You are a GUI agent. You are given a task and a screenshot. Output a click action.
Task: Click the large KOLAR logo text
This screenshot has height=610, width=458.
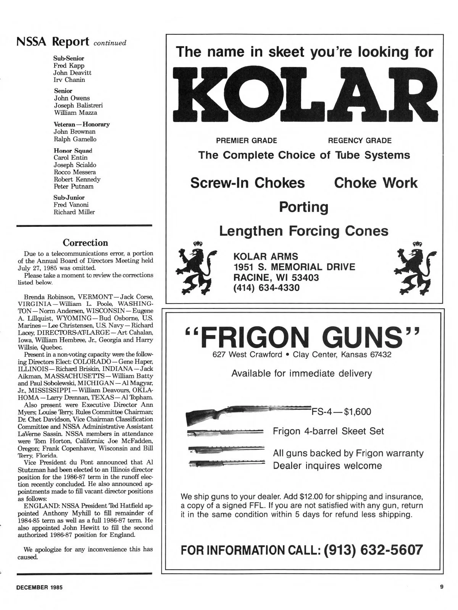pos(304,93)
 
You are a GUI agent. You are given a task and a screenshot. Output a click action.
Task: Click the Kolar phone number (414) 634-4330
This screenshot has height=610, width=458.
pos(266,288)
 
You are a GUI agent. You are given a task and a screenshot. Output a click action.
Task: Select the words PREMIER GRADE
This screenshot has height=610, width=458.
pos(247,141)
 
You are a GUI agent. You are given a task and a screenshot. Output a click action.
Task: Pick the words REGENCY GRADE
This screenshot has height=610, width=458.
pos(360,141)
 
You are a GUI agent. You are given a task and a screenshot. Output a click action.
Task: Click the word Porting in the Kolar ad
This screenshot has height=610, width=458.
pos(304,207)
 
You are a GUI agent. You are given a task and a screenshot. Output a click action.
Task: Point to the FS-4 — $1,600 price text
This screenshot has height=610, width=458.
pos(342,412)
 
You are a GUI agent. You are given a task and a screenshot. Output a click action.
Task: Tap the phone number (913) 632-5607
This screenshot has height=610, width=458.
pos(373,550)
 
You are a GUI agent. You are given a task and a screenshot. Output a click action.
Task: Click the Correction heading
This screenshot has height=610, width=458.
pos(85,243)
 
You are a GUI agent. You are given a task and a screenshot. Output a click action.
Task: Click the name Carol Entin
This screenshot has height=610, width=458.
pos(71,157)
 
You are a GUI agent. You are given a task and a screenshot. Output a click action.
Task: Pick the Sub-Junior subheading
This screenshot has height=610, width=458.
pos(69,197)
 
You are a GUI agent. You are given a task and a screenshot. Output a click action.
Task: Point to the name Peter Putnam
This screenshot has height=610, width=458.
pos(74,186)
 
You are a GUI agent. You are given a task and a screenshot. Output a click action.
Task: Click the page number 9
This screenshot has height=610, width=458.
pos(442,587)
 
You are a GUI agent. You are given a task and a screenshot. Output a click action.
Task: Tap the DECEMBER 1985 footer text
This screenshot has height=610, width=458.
pos(39,588)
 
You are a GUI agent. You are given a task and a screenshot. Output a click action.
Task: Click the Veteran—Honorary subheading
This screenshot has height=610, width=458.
pos(82,124)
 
